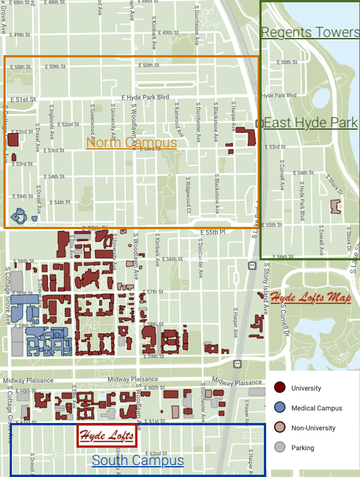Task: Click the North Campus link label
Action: (x=131, y=142)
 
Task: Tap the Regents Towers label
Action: (x=310, y=32)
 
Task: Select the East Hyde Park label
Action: (x=311, y=123)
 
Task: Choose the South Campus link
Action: (x=138, y=461)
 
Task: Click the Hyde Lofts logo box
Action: (x=107, y=436)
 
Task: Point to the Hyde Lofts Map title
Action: (x=310, y=298)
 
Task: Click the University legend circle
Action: (x=279, y=388)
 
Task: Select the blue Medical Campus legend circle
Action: (x=279, y=408)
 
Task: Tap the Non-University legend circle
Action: (x=279, y=428)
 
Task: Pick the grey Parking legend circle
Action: (x=279, y=448)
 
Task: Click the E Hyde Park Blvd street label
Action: (x=146, y=98)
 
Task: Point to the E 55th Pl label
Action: (x=213, y=233)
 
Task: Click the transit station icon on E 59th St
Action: (x=237, y=364)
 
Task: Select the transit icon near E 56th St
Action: (x=251, y=265)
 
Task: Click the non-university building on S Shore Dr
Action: (x=337, y=206)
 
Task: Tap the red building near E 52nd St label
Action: (x=13, y=140)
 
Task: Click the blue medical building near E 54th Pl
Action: (x=19, y=216)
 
